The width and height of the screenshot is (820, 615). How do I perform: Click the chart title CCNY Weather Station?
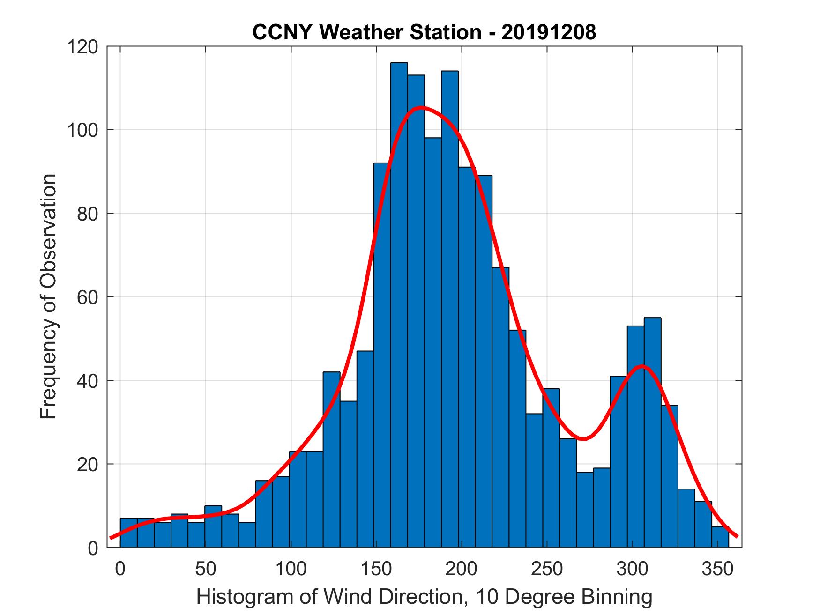pos(367,32)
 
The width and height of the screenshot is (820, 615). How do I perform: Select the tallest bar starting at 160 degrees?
pos(399,304)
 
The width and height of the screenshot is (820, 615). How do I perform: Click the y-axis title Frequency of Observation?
pos(48,296)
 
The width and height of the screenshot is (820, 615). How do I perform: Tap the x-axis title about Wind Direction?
pos(424,597)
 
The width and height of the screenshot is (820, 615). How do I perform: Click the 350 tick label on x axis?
pos(717,569)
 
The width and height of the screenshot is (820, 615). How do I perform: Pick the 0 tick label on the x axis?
pos(120,569)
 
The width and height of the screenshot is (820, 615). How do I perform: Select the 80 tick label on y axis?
pos(88,214)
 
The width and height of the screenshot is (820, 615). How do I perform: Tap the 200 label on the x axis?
pos(462,569)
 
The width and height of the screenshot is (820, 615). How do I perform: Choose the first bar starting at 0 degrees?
pos(129,533)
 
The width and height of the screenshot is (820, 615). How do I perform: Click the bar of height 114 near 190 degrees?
pos(450,309)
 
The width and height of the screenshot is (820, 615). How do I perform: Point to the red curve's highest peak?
pos(420,108)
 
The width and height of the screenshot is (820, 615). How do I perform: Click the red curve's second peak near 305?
pos(641,366)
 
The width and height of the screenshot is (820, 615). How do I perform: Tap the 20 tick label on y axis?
pos(88,464)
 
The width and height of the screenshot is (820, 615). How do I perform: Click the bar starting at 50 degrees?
pos(213,526)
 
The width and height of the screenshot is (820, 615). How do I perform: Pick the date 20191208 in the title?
pos(549,32)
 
